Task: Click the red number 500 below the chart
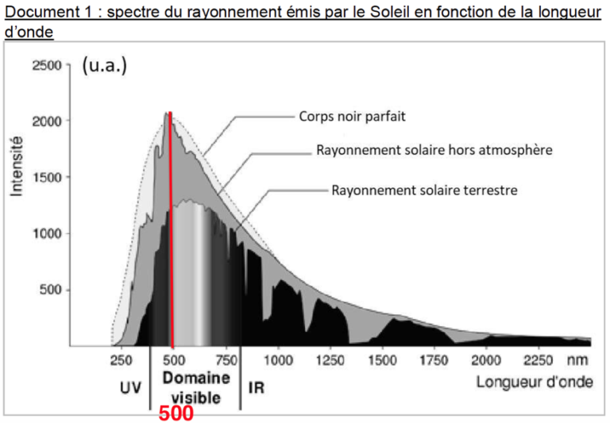(176, 413)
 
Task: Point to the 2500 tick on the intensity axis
(46, 65)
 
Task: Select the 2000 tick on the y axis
(46, 121)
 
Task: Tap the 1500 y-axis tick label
(46, 177)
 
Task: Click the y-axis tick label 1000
(46, 233)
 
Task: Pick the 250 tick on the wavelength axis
(121, 360)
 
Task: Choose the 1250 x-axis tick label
(330, 360)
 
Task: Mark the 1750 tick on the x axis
(434, 360)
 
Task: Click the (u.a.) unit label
(104, 66)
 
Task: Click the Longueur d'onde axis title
(534, 383)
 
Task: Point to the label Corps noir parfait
(352, 116)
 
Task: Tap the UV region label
(130, 388)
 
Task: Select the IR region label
(257, 388)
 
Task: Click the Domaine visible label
(195, 386)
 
